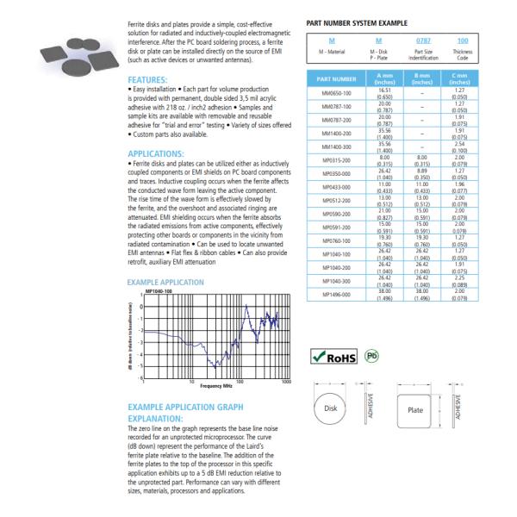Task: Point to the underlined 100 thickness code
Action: pos(463,40)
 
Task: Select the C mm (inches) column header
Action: pos(463,80)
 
